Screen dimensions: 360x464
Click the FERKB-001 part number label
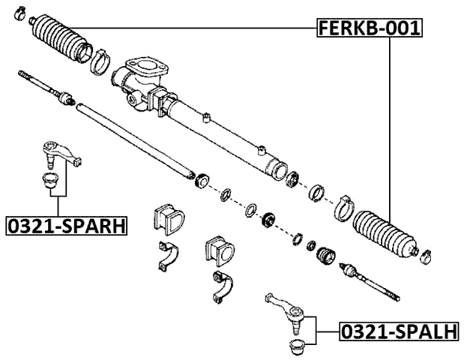click(369, 28)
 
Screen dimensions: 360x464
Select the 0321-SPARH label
click(65, 224)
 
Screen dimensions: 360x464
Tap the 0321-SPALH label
click(399, 331)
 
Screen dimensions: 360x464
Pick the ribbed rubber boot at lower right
click(385, 235)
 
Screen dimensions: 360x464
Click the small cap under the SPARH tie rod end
click(50, 181)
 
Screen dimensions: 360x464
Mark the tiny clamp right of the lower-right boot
click(425, 255)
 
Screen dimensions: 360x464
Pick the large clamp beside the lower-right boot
click(343, 206)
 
